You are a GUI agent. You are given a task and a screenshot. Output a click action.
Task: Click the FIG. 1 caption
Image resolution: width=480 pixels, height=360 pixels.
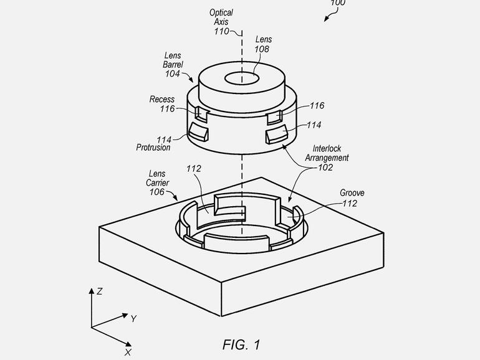click(241, 344)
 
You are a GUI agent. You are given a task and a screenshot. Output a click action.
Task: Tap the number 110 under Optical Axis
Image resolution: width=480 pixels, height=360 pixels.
click(221, 31)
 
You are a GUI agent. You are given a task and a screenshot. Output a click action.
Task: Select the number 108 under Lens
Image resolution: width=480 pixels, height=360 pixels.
click(262, 49)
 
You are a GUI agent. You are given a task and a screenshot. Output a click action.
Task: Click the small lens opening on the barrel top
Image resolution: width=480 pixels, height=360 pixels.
click(242, 78)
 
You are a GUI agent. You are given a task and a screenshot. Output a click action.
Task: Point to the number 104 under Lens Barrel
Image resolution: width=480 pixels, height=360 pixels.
click(173, 73)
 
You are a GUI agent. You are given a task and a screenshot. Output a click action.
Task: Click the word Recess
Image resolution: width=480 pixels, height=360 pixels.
click(162, 99)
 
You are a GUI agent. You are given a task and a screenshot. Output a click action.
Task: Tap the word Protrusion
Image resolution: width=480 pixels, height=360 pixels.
click(153, 148)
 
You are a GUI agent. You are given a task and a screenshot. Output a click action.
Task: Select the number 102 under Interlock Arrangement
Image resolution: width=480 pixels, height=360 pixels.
click(325, 168)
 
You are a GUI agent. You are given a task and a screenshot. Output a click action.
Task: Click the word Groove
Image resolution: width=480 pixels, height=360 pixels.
click(352, 192)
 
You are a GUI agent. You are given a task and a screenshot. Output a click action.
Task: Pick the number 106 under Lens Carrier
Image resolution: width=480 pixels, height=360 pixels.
click(157, 192)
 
